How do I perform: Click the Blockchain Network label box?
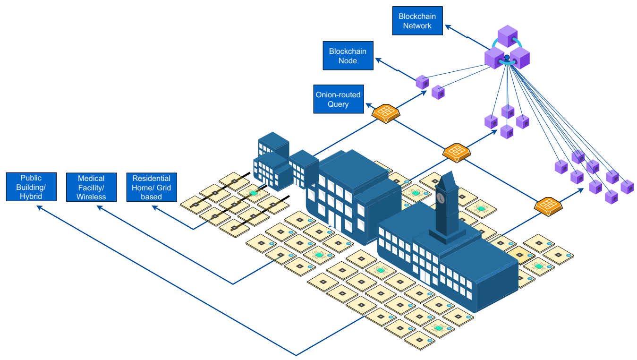(417, 21)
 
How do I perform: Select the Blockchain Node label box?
(348, 56)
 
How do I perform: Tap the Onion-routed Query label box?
(338, 99)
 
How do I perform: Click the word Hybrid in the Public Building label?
(31, 196)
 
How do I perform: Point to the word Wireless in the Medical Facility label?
(91, 197)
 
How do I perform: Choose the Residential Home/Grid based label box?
(152, 187)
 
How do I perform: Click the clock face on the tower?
(440, 197)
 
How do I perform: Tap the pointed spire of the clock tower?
(446, 177)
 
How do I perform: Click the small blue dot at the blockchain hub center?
(507, 58)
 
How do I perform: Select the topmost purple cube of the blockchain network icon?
(508, 36)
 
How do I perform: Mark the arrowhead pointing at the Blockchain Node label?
(378, 60)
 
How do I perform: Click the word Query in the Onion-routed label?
(338, 104)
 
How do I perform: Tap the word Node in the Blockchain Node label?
(348, 60)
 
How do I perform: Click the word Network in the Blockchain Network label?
(417, 26)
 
